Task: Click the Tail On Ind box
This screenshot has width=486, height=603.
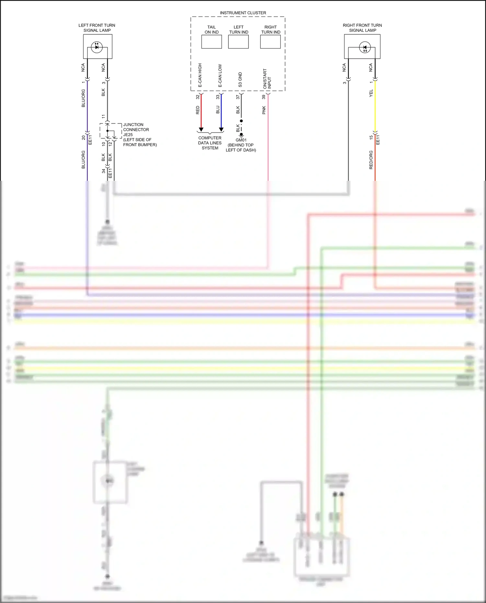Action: click(212, 41)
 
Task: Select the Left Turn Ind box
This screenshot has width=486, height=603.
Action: click(238, 41)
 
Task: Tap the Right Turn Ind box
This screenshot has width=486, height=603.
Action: click(270, 41)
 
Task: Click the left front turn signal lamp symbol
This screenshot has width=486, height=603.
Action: click(97, 47)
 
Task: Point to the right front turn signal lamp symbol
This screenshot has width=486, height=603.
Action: click(365, 48)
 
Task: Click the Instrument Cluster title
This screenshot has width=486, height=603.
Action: click(243, 13)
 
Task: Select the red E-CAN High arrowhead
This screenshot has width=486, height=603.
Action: click(201, 130)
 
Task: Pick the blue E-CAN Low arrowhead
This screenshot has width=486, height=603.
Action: click(221, 130)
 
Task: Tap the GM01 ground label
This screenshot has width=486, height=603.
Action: click(241, 140)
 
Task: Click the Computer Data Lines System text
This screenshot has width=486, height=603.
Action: click(210, 143)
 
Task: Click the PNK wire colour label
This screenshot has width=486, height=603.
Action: click(264, 110)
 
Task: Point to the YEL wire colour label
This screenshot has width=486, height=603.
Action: click(371, 93)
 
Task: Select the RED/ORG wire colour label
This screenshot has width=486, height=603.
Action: click(371, 160)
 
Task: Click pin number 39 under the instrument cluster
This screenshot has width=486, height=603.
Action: click(264, 97)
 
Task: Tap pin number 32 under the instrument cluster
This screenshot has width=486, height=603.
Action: click(198, 97)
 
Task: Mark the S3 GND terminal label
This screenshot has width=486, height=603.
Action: click(240, 80)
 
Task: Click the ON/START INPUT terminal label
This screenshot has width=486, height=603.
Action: click(267, 79)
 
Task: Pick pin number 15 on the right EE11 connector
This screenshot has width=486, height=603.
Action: click(371, 137)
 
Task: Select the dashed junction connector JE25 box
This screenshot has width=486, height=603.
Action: click(111, 131)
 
